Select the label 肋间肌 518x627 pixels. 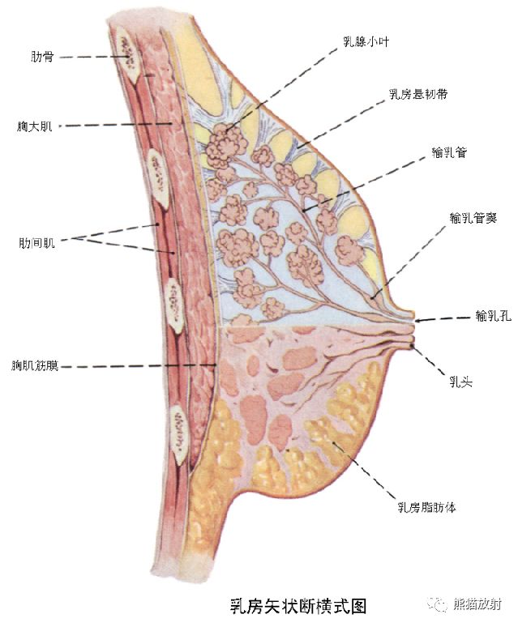click(36, 242)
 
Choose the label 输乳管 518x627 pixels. click(449, 152)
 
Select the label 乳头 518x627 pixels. click(461, 377)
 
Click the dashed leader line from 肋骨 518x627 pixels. click(89, 57)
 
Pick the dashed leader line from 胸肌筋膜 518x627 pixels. click(138, 366)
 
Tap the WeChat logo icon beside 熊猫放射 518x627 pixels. click(439, 604)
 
